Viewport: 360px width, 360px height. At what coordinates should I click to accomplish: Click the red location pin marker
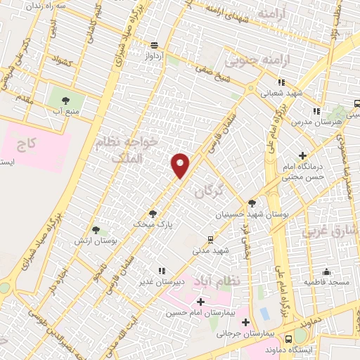point(181,166)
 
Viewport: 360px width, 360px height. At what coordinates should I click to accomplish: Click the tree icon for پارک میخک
point(152,214)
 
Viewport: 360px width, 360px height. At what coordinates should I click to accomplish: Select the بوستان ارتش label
point(94,240)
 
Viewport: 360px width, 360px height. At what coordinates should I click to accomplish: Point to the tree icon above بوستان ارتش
point(96,230)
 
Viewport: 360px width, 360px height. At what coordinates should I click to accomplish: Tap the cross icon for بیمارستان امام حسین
point(201,302)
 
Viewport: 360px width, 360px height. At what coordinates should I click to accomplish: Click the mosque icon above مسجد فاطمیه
point(326,271)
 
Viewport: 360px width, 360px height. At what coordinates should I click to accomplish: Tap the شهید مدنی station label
point(211,250)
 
